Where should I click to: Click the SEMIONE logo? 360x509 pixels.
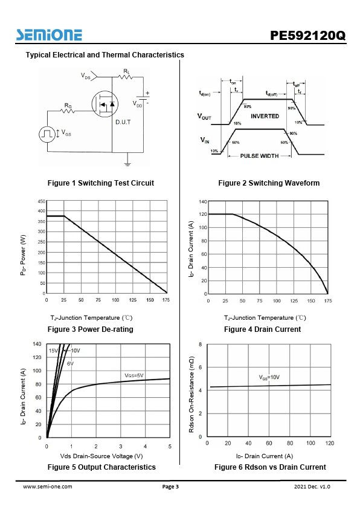49,34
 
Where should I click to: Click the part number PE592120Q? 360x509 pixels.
308,36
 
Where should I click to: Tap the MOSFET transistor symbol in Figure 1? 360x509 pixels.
104,104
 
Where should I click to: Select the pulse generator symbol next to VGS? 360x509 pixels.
47,134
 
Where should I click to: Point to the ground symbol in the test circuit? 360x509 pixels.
127,163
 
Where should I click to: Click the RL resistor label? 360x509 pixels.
127,71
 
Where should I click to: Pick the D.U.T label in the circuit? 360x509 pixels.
123,122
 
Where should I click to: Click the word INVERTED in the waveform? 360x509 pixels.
265,116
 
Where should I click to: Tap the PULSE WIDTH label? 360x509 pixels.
259,156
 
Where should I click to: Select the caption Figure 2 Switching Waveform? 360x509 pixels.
269,183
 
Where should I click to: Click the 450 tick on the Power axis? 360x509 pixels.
42,201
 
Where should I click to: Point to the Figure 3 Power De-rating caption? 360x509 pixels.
91,329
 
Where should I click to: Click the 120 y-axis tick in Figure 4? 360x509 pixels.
203,214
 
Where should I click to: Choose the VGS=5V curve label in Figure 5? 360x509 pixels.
134,375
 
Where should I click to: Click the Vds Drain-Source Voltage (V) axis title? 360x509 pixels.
101,456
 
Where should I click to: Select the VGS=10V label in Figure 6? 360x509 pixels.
269,377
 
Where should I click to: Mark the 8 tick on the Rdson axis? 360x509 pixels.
201,344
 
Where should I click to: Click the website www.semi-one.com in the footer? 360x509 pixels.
48,486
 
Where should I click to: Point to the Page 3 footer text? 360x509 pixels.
170,486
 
